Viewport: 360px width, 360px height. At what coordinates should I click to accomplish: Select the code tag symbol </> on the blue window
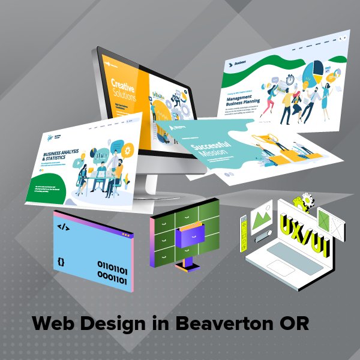pyautogui.click(x=63, y=227)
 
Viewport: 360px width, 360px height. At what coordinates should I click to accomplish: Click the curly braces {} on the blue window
pyautogui.click(x=61, y=262)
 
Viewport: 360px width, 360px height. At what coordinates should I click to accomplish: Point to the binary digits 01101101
pyautogui.click(x=113, y=263)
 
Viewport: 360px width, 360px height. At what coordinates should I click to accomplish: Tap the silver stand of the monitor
pyautogui.click(x=148, y=178)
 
